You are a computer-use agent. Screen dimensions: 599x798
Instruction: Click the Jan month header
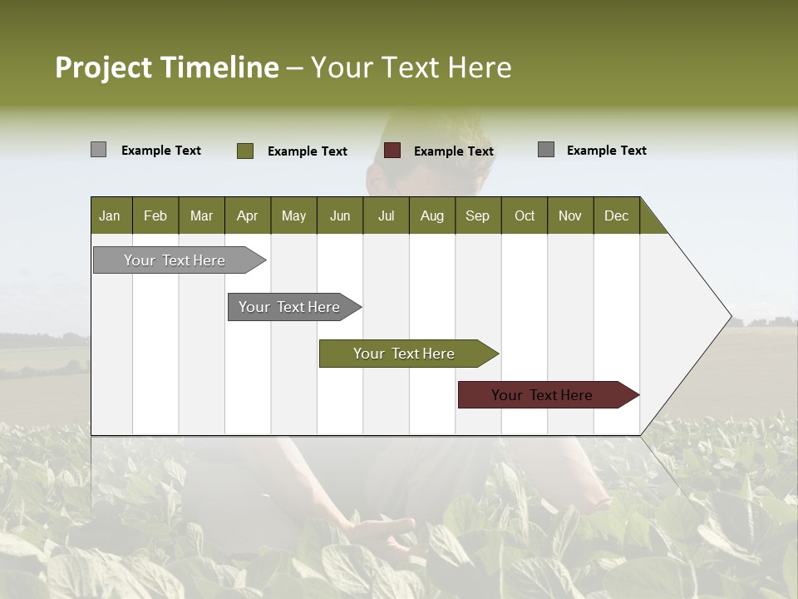click(x=110, y=215)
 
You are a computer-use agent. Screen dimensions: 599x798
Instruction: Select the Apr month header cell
click(x=247, y=215)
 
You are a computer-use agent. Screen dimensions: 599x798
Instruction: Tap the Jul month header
click(x=386, y=215)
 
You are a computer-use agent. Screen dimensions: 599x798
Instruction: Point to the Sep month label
click(x=477, y=215)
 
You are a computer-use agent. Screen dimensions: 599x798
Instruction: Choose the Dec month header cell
click(x=616, y=215)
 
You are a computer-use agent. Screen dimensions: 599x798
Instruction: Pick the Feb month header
click(x=155, y=215)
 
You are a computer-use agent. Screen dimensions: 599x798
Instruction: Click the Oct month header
click(x=525, y=215)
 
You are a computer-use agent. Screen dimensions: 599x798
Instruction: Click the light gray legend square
click(x=98, y=150)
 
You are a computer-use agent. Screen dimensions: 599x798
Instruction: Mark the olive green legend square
click(x=244, y=151)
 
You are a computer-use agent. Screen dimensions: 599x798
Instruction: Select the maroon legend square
click(x=392, y=151)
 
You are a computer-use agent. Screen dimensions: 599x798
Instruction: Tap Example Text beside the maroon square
click(x=453, y=151)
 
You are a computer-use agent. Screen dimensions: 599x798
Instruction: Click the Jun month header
click(x=340, y=215)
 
